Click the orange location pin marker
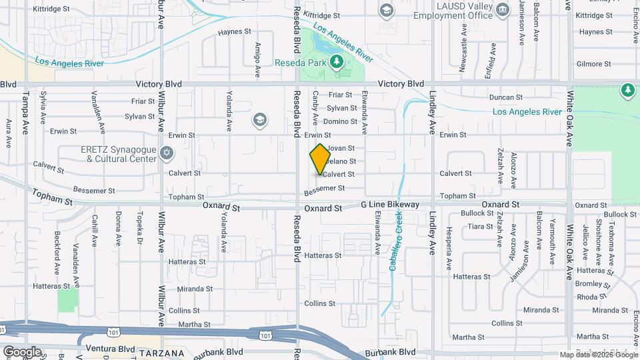pos(320,159)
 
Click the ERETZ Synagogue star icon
pos(166,154)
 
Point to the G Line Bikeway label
pos(390,204)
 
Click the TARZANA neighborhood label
pos(162,352)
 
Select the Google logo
pos(22,351)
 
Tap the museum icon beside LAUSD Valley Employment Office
pos(503,9)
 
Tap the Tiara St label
pos(480,227)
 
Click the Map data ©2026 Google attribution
pos(597,355)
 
